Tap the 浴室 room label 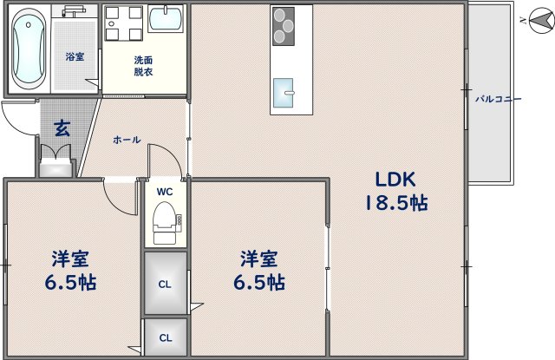point(75,57)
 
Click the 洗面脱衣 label point(144,67)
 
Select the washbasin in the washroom point(166,19)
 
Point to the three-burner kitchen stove point(283,25)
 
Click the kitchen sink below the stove point(284,90)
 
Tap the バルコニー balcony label point(498,99)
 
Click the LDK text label point(395,180)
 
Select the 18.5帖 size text point(395,204)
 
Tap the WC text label point(165,192)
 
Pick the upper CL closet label point(164,284)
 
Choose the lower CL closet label point(164,337)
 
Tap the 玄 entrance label point(62,128)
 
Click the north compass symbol point(539,19)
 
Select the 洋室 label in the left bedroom point(71,259)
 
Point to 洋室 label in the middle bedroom point(259,259)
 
